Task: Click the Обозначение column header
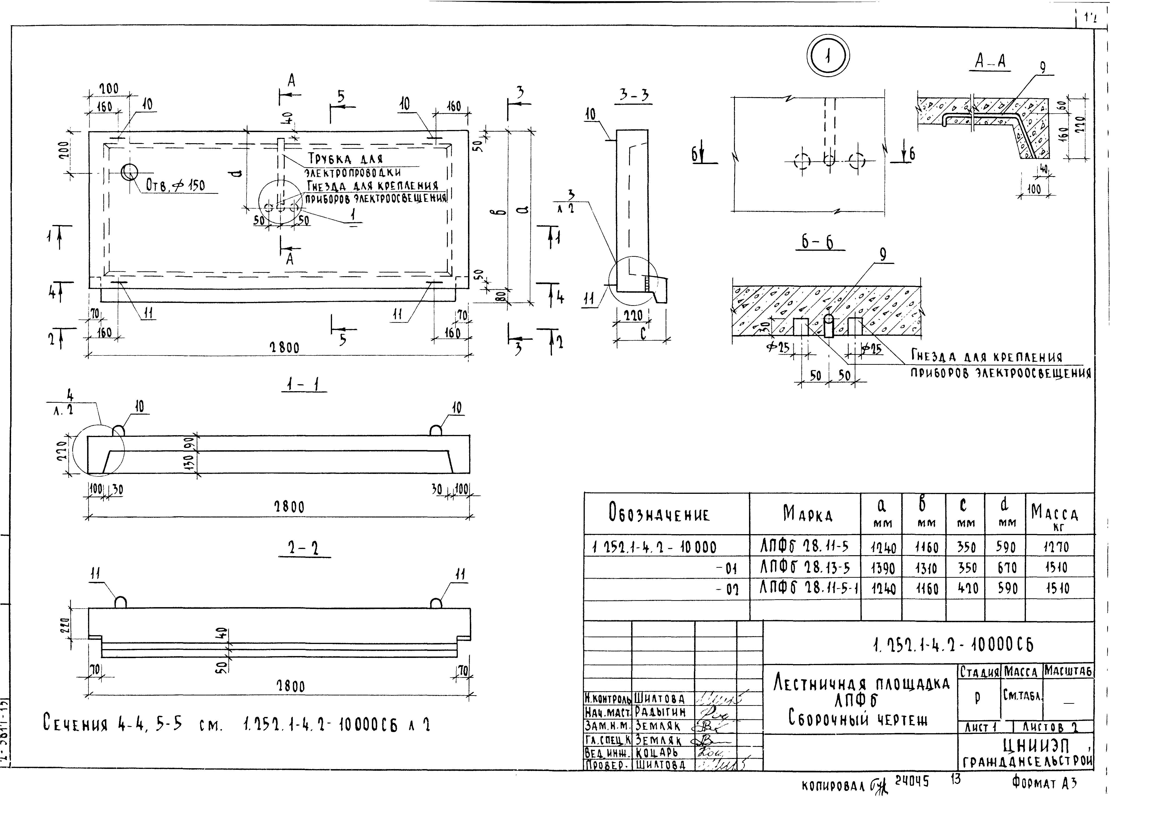point(659,514)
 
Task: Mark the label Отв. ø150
point(176,186)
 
